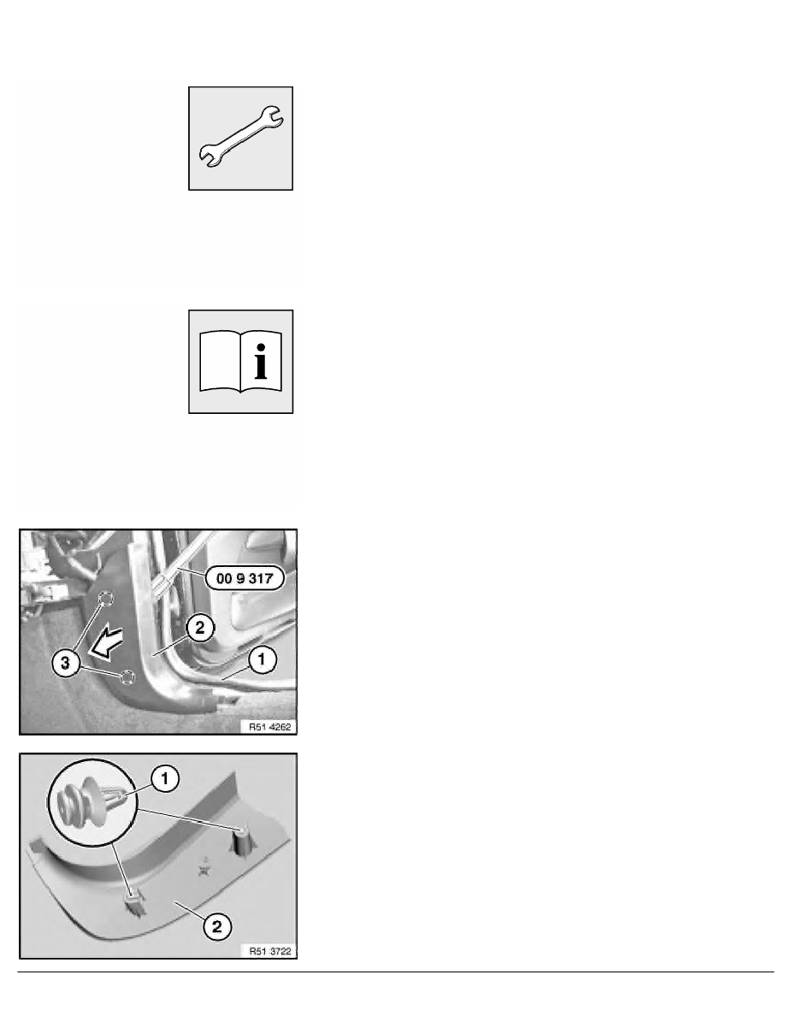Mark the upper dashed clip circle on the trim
coord(105,601)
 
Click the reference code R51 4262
coord(269,726)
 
